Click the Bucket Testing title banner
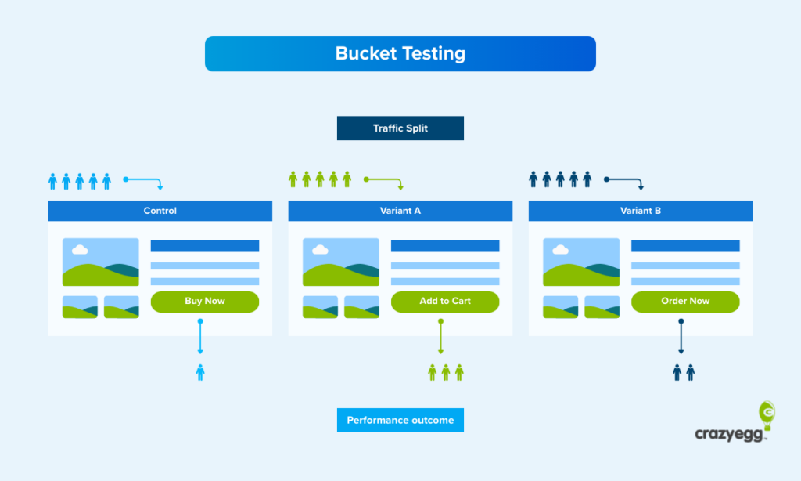coord(400,53)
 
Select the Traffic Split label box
coord(400,128)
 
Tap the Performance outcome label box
coord(400,420)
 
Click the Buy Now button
coord(204,302)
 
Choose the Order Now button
coord(685,302)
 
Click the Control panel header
coord(160,211)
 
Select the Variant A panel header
coord(400,211)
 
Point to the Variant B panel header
coord(641,211)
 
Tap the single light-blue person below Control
coord(200,372)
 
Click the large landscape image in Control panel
coord(101,262)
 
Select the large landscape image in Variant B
coord(581,262)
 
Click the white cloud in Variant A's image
coord(319,250)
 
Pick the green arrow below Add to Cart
coord(440,337)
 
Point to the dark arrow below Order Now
coord(681,337)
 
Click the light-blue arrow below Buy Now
coord(200,337)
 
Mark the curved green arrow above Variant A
coord(383,182)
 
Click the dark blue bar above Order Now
coord(685,246)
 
